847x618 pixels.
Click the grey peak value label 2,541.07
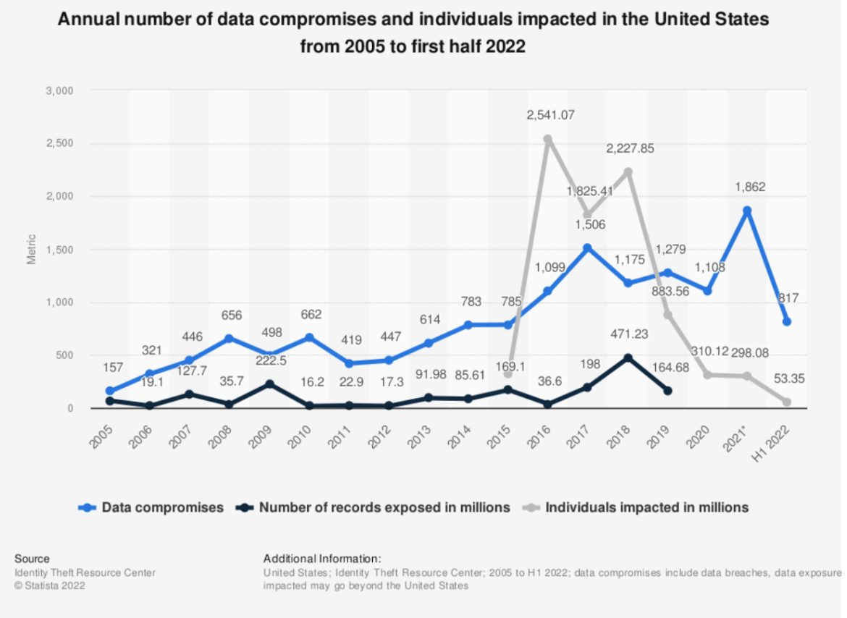547,114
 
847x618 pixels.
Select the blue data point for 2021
747,211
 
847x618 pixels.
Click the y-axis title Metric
31,250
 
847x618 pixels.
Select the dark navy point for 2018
628,358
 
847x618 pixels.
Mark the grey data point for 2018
628,172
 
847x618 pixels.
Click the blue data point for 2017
588,248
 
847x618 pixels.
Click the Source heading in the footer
32,559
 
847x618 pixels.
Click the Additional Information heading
322,559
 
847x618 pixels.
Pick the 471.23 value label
628,335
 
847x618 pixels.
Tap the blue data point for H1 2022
787,321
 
